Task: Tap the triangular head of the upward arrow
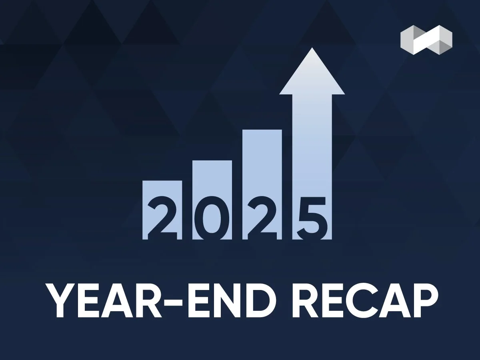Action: pyautogui.click(x=312, y=74)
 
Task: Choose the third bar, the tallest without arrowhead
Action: pyautogui.click(x=262, y=160)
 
